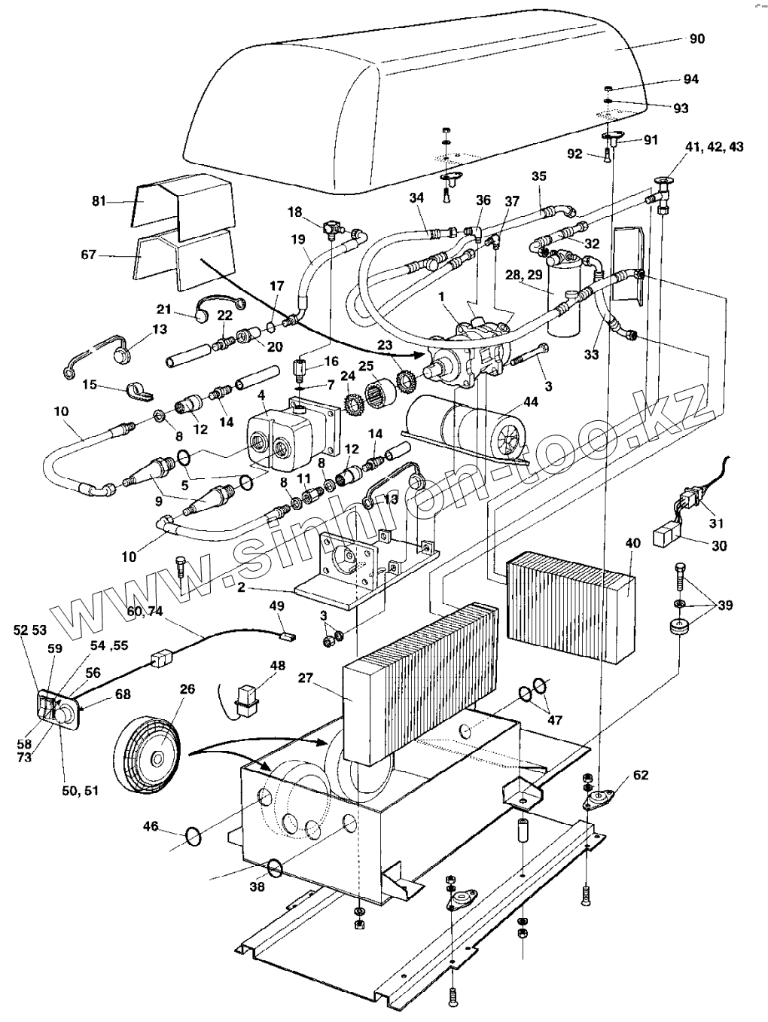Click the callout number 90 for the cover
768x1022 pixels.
click(x=697, y=38)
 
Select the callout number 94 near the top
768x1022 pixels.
click(x=690, y=79)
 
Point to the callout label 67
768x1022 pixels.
click(x=89, y=255)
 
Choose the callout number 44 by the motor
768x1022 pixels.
click(x=530, y=404)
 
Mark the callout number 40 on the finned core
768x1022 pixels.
click(x=632, y=544)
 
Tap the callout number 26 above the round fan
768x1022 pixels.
click(x=187, y=688)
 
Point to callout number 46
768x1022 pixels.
click(x=151, y=827)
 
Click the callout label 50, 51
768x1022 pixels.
click(x=81, y=791)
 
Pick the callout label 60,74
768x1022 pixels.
click(x=145, y=612)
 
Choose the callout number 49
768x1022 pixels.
click(x=276, y=606)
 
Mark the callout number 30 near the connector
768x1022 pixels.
click(x=719, y=546)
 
